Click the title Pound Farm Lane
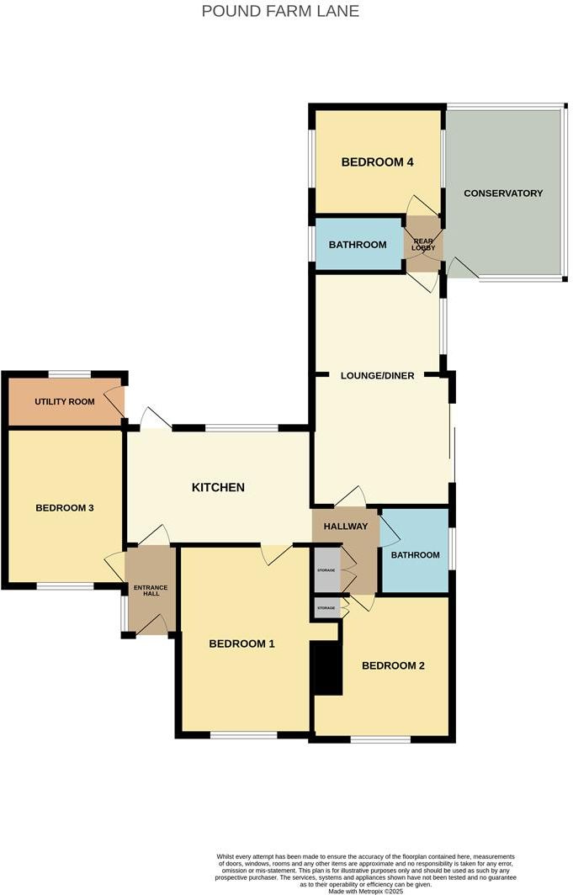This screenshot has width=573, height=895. coord(280,11)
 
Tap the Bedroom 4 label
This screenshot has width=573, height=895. coord(377,162)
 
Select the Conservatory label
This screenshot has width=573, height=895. coord(503,193)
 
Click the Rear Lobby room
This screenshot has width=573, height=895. coord(422,244)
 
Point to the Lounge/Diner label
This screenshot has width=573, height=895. coord(377,375)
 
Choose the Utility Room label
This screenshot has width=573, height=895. coord(65,401)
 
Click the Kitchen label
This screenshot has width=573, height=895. coord(218,487)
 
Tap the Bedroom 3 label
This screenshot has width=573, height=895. coord(64,508)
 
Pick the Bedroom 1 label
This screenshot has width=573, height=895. coord(242,644)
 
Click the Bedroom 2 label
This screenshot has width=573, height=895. coord(393,665)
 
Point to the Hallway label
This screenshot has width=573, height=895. coord(346,527)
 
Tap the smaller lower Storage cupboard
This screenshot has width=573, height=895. coord(326,607)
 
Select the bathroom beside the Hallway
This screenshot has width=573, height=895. coord(415,554)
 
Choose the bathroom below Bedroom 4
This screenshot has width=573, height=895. coord(358,245)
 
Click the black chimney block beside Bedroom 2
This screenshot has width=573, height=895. coord(327,668)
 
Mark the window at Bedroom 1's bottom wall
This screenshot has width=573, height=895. coord(244,735)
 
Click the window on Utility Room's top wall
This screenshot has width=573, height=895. coord(69,374)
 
